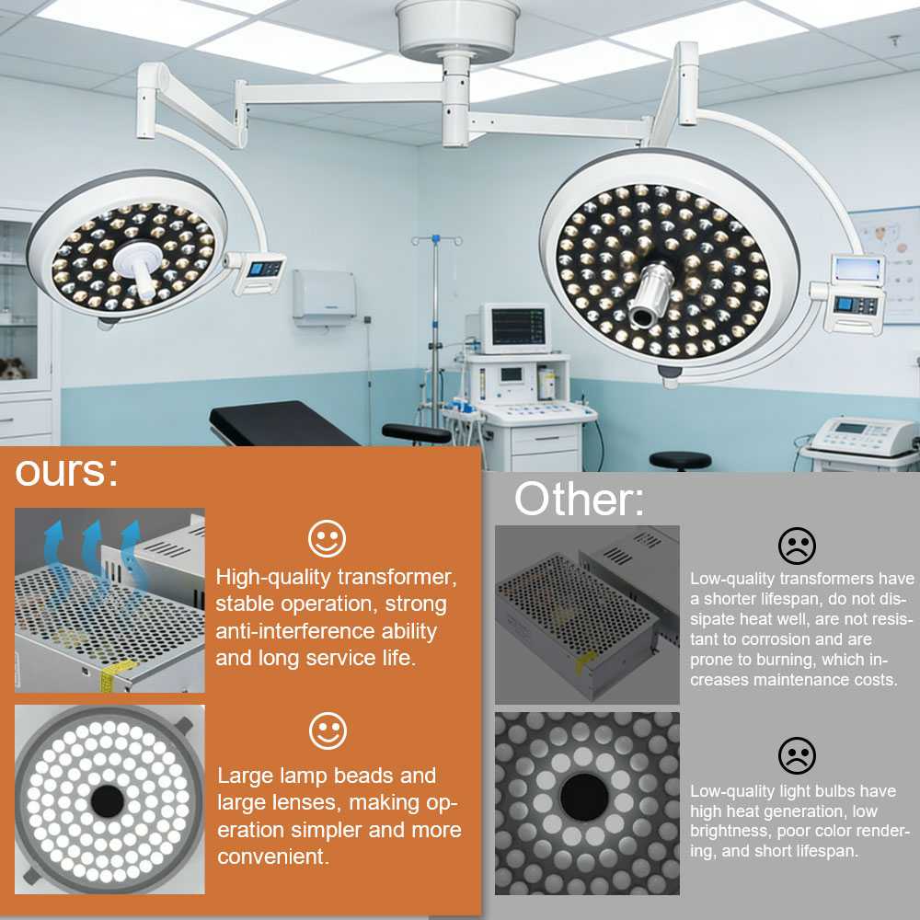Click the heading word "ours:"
coord(66,471)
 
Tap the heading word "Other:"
coord(579,500)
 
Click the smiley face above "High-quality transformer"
coord(327,538)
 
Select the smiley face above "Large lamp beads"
coord(328,730)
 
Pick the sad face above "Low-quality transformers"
coord(797,546)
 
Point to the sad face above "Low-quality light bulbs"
coord(797,755)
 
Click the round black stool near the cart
coord(681,460)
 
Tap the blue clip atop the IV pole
coord(436,239)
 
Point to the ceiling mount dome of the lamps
coord(457,29)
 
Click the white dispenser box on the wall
coord(325,295)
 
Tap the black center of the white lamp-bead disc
coord(108,801)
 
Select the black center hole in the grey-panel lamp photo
coord(584,796)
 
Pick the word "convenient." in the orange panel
coord(273,857)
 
